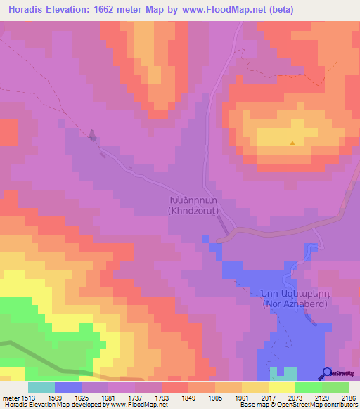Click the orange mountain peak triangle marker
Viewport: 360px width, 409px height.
pyautogui.click(x=292, y=143)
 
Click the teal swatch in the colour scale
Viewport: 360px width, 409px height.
pyautogui.click(x=41, y=387)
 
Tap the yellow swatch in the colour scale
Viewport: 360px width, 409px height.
pyautogui.click(x=282, y=387)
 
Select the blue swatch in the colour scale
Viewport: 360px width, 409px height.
pyautogui.click(x=68, y=387)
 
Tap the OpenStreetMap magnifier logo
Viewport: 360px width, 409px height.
pyautogui.click(x=326, y=373)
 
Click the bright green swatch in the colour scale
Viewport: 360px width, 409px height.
pyautogui.click(x=309, y=387)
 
